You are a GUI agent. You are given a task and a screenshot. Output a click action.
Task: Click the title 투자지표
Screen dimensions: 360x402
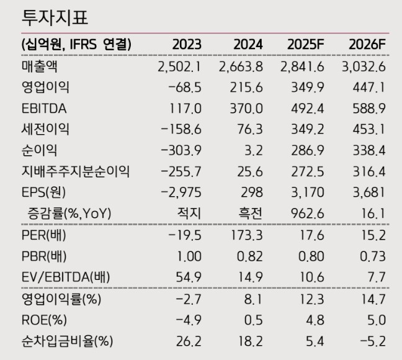pos(54,17)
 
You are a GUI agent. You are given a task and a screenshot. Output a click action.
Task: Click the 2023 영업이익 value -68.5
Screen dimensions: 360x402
pos(185,88)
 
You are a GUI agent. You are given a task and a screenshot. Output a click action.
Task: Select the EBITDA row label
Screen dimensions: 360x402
pos(44,109)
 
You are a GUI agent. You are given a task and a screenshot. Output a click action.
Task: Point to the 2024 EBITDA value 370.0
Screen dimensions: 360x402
pos(246,109)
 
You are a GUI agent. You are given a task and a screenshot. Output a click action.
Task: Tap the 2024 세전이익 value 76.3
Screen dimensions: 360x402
pos(250,130)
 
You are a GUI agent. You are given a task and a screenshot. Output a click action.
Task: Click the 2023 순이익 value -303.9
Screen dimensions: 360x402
pos(181,150)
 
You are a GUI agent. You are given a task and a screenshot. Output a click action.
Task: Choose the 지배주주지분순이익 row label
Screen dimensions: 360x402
pos(76,171)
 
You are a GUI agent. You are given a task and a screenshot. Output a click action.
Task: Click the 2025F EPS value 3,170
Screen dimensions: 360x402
pos(308,192)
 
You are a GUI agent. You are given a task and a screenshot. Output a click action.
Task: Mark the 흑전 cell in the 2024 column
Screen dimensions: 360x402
pos(249,214)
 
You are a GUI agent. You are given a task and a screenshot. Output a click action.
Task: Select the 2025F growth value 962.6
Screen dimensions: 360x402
pos(308,214)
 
